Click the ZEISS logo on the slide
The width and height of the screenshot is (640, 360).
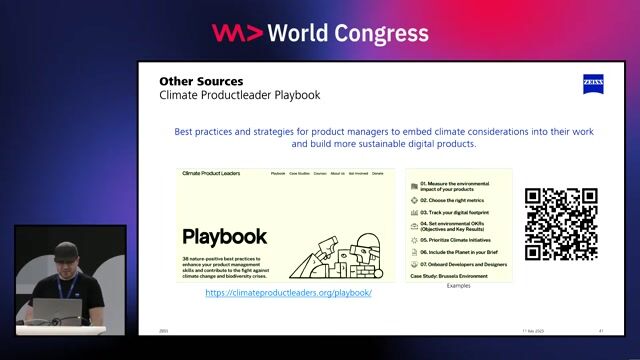pyautogui.click(x=593, y=83)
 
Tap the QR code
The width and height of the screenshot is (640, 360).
pyautogui.click(x=561, y=224)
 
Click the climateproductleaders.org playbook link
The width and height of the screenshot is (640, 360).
pyautogui.click(x=288, y=293)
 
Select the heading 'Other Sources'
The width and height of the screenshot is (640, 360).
pyautogui.click(x=201, y=81)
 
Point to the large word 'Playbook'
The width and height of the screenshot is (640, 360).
pyautogui.click(x=225, y=236)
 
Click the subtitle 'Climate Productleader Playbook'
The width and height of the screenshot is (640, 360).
pyautogui.click(x=240, y=96)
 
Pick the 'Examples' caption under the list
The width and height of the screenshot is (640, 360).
pyautogui.click(x=458, y=286)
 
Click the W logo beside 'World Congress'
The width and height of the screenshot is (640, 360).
pyautogui.click(x=237, y=33)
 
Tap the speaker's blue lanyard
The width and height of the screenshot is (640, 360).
pyautogui.click(x=63, y=289)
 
